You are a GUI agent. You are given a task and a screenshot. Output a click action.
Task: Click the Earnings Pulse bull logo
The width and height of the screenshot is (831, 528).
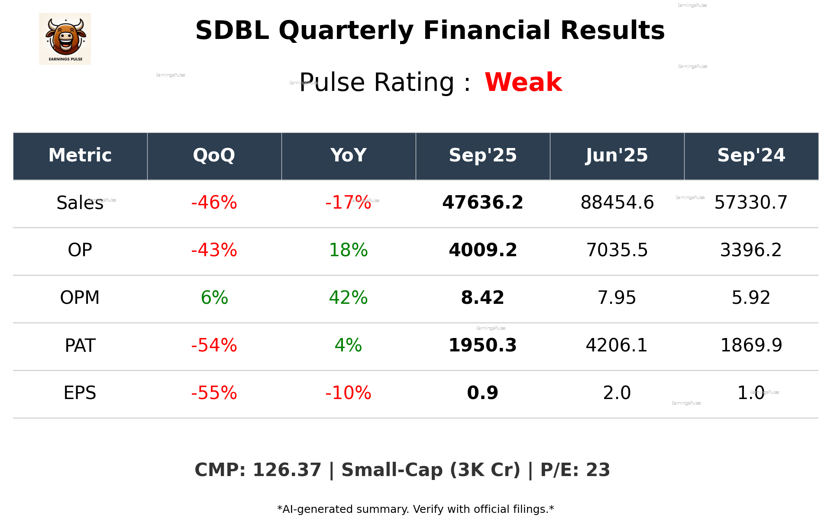pos(65,39)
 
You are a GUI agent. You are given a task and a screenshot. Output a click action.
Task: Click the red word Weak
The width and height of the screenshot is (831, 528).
pos(523,82)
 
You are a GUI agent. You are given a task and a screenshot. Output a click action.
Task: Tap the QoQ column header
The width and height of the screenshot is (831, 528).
pos(214,155)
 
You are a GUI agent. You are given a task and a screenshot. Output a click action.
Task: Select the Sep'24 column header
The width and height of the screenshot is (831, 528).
pos(751,155)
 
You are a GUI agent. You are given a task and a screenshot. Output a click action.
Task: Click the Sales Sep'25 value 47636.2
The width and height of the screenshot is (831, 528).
pos(482,203)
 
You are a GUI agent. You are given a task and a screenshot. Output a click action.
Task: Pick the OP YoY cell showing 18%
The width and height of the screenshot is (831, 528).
pos(348,250)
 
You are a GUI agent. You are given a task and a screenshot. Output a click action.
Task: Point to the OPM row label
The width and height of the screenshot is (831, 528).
pos(80,298)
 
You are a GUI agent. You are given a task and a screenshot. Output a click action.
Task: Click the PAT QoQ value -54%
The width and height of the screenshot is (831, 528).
pos(214,345)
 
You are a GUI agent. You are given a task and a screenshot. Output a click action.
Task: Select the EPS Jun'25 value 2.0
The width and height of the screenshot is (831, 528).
pos(617,393)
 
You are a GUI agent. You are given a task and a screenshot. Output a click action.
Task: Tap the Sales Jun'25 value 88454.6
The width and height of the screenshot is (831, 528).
pos(617,203)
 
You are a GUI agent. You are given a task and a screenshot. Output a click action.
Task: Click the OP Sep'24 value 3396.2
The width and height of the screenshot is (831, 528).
pos(751,250)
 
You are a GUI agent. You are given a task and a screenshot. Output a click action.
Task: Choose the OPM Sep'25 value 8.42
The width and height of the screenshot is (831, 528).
pos(482,298)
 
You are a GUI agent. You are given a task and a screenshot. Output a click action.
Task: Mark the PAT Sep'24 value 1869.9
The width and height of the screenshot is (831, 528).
pos(751,345)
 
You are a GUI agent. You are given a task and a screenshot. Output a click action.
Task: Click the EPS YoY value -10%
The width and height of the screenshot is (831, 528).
pos(348,393)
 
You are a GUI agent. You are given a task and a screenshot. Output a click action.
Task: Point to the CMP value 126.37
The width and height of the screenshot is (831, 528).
pos(287,470)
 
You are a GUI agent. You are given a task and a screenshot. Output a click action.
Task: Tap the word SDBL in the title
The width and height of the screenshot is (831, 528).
pos(232,31)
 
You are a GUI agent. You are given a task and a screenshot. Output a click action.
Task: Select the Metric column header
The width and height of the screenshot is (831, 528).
pos(80,155)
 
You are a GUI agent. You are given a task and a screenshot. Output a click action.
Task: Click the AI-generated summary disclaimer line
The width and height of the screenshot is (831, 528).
pos(415,509)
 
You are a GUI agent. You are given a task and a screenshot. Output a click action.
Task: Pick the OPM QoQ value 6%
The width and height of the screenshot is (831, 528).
pos(214,298)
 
